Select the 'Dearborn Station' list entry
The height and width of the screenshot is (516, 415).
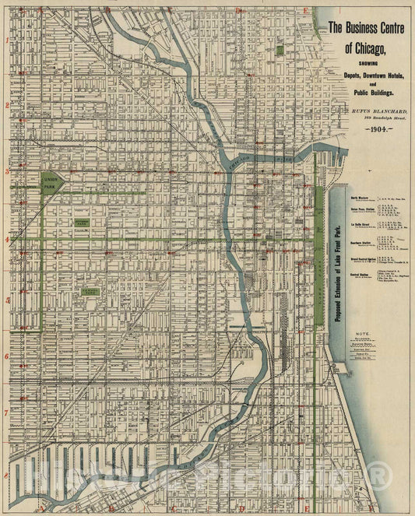click(362, 241)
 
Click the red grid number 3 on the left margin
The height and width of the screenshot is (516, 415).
click(7, 170)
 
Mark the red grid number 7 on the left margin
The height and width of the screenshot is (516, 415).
click(7, 413)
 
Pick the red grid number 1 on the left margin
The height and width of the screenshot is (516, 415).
click(7, 40)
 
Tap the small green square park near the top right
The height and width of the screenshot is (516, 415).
click(280, 50)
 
